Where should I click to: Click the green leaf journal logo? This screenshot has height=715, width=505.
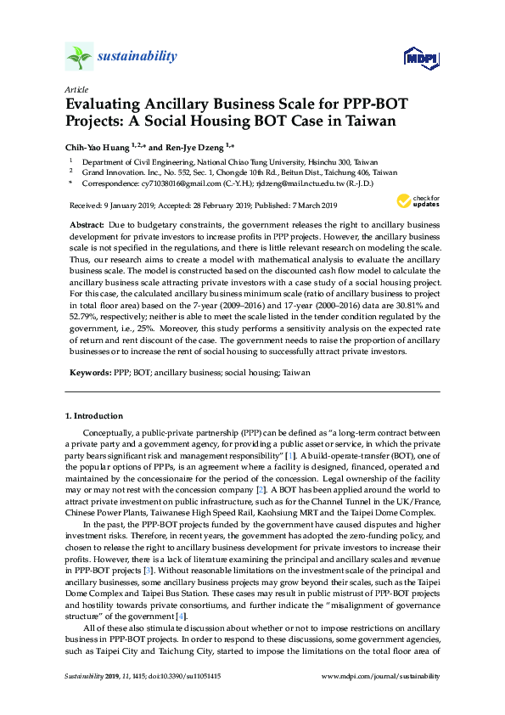tap(78, 57)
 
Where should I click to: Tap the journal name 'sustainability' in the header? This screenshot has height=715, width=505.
tap(137, 57)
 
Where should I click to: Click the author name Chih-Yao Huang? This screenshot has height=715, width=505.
tap(101, 145)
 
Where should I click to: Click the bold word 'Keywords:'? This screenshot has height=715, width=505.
tap(88, 373)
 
